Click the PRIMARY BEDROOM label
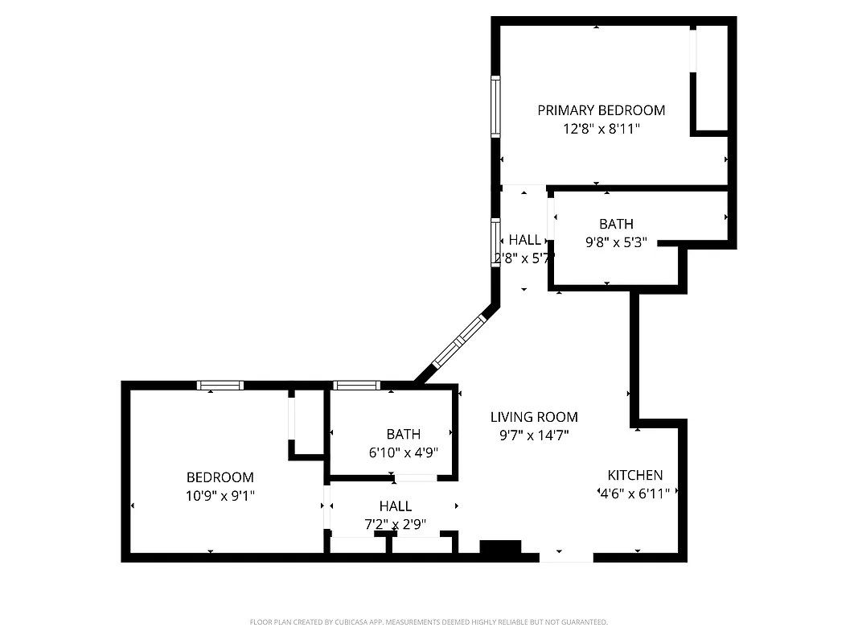tap(601, 110)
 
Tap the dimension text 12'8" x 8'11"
tap(601, 128)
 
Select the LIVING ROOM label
tap(534, 417)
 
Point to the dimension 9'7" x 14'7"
tap(534, 435)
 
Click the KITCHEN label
tap(634, 475)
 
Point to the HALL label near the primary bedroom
tap(525, 240)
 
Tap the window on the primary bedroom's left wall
tap(495, 106)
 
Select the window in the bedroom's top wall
tap(220, 386)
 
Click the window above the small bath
tap(356, 386)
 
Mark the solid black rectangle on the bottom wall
tap(500, 548)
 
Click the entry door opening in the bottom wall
tap(565, 555)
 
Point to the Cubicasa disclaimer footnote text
tap(429, 622)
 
